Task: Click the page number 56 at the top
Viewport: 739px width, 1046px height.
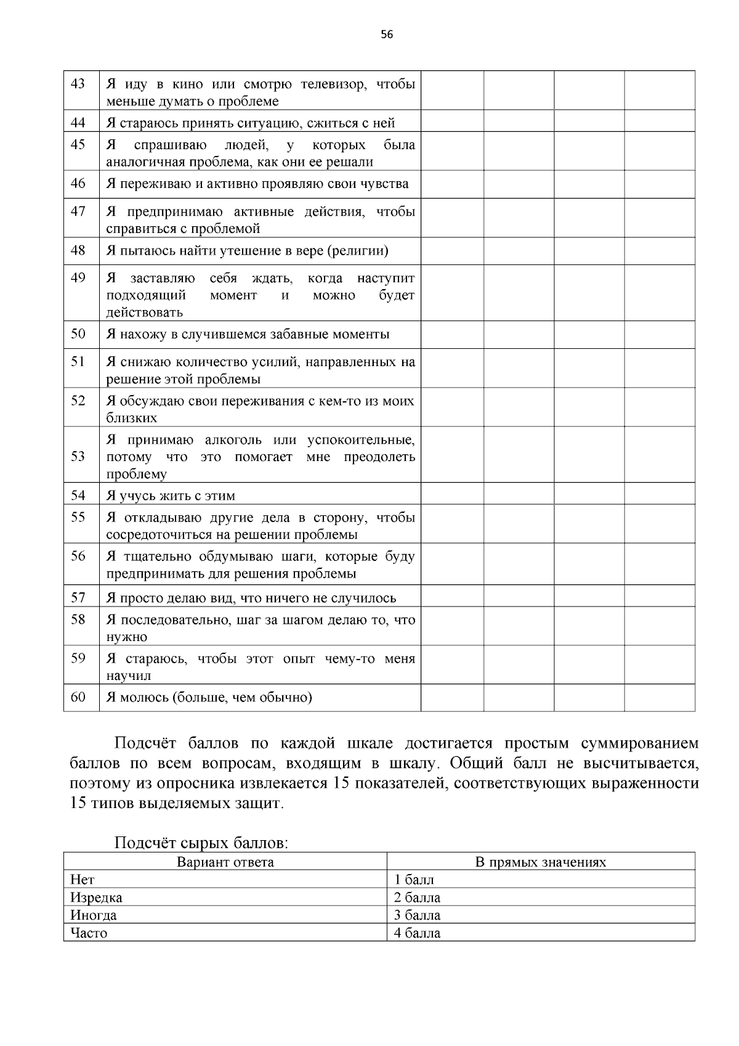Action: click(387, 35)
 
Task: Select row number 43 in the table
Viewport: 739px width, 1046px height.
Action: click(78, 83)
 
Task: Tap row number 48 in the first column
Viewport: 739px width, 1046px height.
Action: click(78, 250)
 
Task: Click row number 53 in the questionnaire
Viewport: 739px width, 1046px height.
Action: click(78, 456)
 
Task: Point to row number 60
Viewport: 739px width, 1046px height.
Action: click(78, 697)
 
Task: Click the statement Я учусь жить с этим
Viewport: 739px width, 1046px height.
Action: click(171, 496)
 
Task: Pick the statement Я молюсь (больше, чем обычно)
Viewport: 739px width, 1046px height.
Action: click(209, 697)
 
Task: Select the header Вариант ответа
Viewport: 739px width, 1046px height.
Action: click(225, 862)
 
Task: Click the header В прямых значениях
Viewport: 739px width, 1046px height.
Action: click(540, 862)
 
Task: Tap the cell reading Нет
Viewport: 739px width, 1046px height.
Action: click(83, 879)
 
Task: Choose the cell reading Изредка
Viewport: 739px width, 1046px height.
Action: click(96, 897)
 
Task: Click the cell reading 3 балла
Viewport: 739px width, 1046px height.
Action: click(417, 915)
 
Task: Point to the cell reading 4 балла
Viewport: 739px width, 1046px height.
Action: click(417, 933)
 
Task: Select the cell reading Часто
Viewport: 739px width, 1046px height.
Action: click(89, 933)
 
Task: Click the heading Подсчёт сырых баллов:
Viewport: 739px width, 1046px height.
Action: click(201, 843)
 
